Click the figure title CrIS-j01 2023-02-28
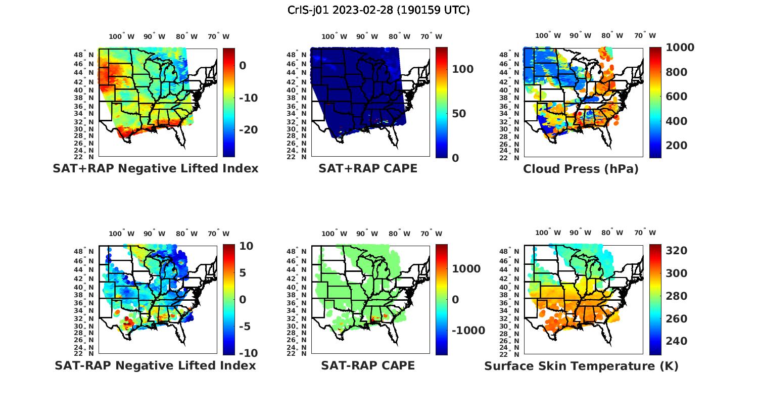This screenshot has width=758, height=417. [x=378, y=10]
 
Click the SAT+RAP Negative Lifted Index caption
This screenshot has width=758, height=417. [x=155, y=168]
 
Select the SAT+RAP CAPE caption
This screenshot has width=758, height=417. [x=368, y=168]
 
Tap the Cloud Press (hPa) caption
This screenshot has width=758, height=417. [x=581, y=169]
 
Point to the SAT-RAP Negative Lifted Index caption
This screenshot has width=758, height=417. [x=155, y=365]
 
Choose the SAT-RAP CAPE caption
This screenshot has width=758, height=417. [x=368, y=365]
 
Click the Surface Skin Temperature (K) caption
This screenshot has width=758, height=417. [x=581, y=366]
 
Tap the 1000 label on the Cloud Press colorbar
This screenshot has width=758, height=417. [x=680, y=48]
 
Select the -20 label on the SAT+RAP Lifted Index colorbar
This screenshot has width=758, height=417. [x=248, y=130]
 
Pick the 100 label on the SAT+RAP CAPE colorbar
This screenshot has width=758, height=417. [x=462, y=69]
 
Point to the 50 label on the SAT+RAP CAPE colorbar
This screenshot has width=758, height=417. [x=459, y=114]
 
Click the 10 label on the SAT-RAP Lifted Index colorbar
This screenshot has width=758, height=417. [x=246, y=246]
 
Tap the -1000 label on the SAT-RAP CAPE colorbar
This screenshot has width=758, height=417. [x=468, y=331]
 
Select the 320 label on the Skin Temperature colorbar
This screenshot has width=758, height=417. [x=676, y=251]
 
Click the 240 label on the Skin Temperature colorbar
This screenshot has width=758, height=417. [x=676, y=341]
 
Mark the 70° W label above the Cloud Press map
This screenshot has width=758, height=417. [x=645, y=36]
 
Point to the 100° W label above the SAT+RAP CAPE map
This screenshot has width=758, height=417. [x=335, y=36]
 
